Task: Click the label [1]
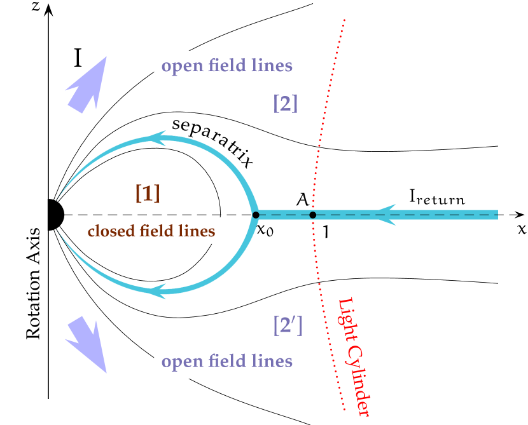(148, 193)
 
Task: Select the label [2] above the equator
(286, 103)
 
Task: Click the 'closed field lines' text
(151, 231)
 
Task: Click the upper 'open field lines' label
(227, 66)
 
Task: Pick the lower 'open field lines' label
(227, 362)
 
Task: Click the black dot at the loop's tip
(255, 215)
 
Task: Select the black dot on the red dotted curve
(312, 215)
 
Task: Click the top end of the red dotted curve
(344, 20)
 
